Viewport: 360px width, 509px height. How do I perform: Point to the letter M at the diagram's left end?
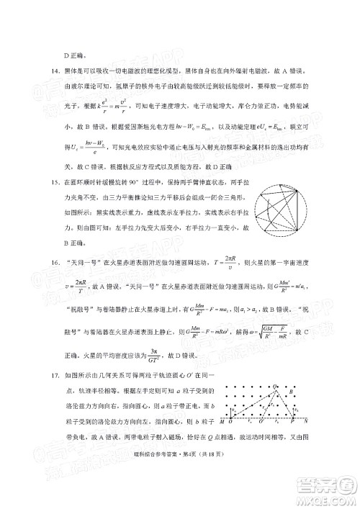222,440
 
